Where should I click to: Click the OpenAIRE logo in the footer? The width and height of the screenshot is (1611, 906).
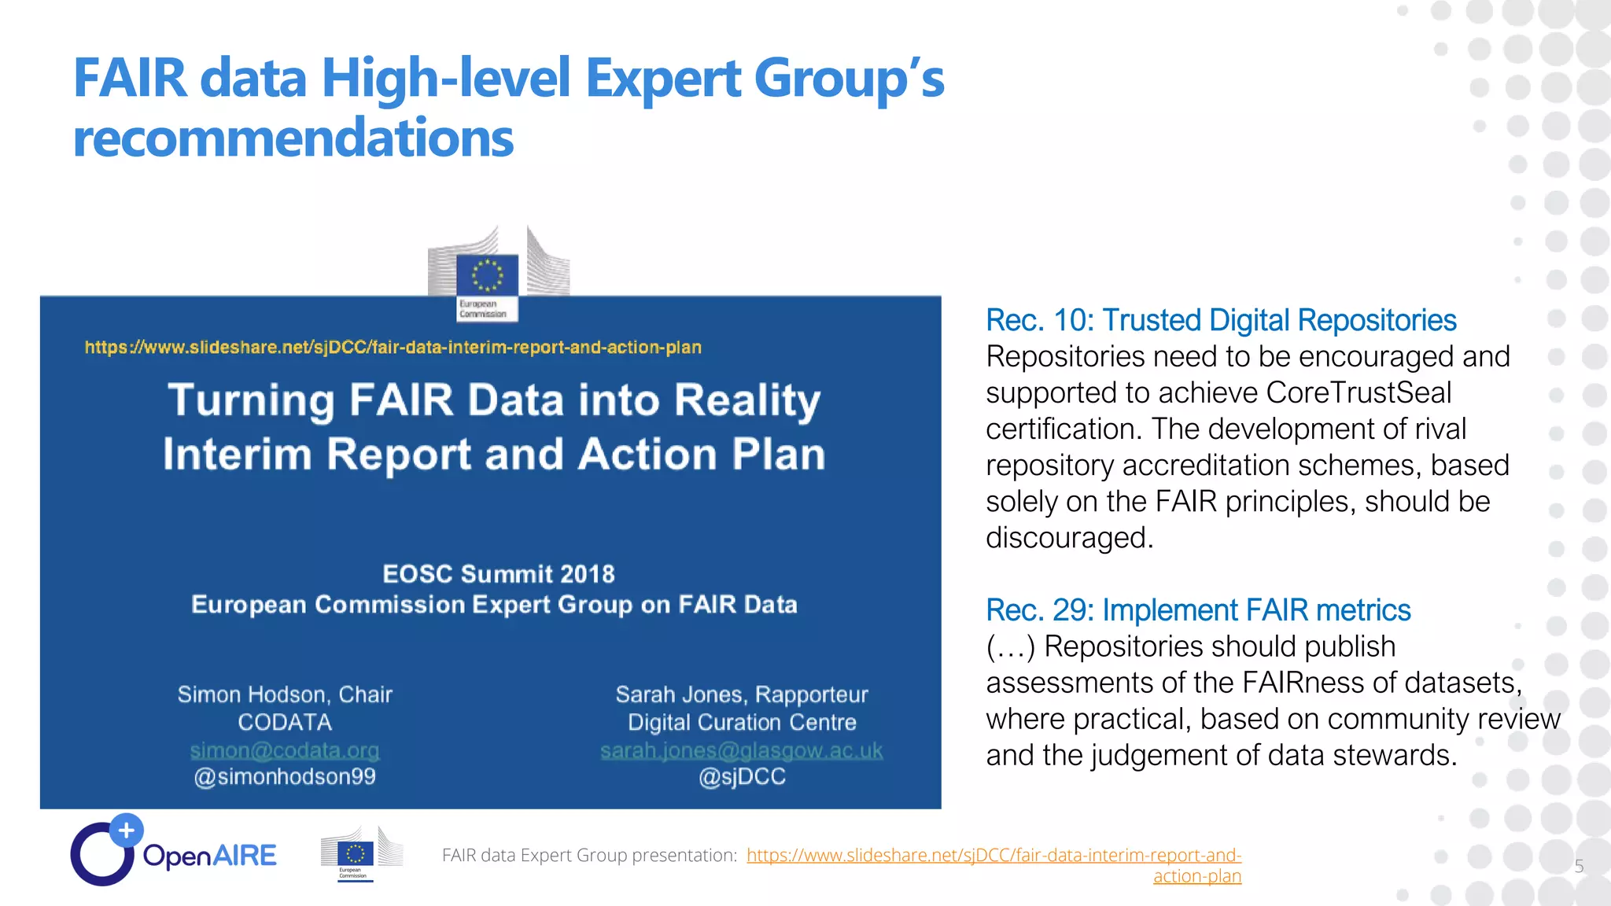(x=173, y=853)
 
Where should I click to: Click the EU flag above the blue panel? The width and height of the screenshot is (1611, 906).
(x=487, y=275)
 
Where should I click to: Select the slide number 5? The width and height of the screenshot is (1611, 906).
(x=1579, y=867)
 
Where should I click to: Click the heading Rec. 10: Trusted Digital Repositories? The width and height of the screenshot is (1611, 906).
(x=1221, y=321)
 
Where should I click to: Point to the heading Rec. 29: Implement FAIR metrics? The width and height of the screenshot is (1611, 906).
(x=1198, y=610)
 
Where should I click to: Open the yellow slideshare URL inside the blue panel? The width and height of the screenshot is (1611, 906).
(x=393, y=348)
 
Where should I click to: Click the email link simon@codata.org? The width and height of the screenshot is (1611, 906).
(x=285, y=750)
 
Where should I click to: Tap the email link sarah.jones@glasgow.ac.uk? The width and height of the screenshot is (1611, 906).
(x=741, y=750)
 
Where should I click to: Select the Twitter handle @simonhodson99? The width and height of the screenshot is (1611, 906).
(x=285, y=777)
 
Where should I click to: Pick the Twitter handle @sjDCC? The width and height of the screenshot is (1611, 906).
(x=742, y=777)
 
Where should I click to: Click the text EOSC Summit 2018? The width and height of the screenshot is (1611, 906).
(x=498, y=574)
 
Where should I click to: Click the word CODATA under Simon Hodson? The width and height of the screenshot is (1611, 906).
(x=285, y=722)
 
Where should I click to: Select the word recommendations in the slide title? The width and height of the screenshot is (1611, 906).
(x=293, y=138)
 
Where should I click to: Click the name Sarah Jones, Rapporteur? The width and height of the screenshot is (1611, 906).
(x=741, y=694)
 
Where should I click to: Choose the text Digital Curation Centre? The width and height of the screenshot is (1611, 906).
(x=741, y=722)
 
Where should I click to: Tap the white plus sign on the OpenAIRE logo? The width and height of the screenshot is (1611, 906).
(x=126, y=830)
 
